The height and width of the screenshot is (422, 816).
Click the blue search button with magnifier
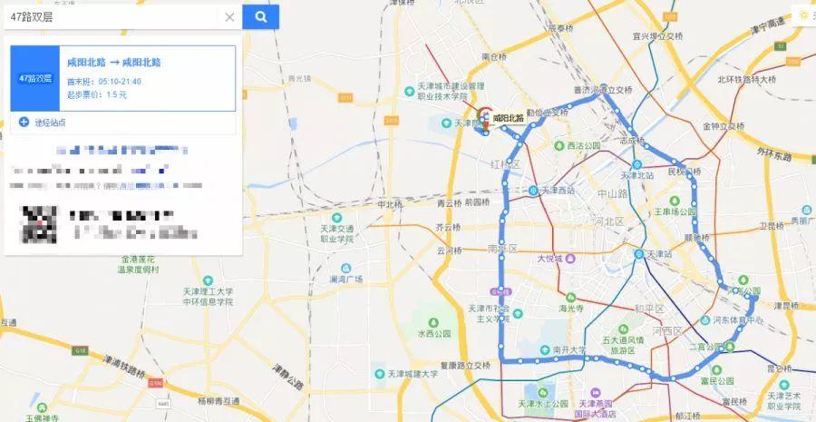pyautogui.click(x=261, y=16)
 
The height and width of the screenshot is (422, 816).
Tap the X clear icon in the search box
pyautogui.click(x=229, y=16)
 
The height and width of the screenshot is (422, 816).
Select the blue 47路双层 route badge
pyautogui.click(x=35, y=78)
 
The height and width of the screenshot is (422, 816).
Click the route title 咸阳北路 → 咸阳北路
pyautogui.click(x=114, y=63)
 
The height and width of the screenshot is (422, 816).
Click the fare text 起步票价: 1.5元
pyautogui.click(x=97, y=94)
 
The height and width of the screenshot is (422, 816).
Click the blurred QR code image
pyautogui.click(x=40, y=224)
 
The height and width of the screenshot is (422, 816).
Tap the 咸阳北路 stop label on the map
pyautogui.click(x=509, y=118)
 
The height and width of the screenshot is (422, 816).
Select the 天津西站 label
pyautogui.click(x=557, y=190)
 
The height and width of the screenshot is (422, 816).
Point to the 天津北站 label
pyautogui.click(x=637, y=175)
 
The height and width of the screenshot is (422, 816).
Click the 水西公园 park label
pyautogui.click(x=433, y=333)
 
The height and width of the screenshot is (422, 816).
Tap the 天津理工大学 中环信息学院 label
pyautogui.click(x=209, y=296)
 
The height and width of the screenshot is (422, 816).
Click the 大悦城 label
pyautogui.click(x=550, y=258)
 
